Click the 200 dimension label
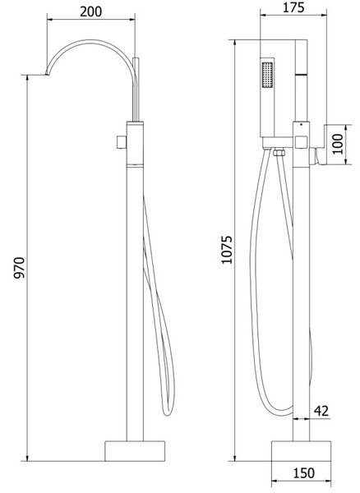coord(91,12)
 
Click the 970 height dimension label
coord(19,268)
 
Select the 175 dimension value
coord(293,7)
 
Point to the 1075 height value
coord(227,250)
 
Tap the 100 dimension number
coord(338,144)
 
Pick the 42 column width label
coord(321,411)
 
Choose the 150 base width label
coord(304,473)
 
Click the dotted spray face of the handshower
coord(267,75)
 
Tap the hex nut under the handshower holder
coord(279,153)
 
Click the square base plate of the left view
coord(135,451)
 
